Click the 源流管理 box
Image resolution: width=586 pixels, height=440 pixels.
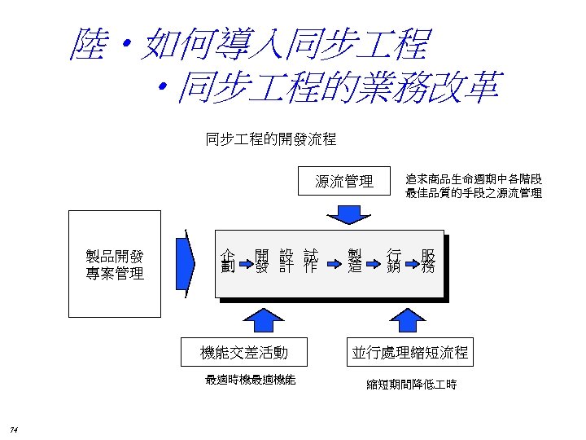[344, 182]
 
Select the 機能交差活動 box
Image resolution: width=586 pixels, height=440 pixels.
[244, 352]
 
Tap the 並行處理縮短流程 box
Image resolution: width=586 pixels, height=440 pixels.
[410, 352]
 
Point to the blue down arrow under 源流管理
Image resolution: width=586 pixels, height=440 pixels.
[345, 213]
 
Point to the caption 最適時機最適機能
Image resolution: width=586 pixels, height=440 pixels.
[251, 379]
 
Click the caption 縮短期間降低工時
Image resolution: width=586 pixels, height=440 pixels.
[411, 384]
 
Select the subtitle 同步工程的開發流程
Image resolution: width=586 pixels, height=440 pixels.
[270, 139]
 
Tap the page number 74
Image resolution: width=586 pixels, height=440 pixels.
[15, 429]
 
